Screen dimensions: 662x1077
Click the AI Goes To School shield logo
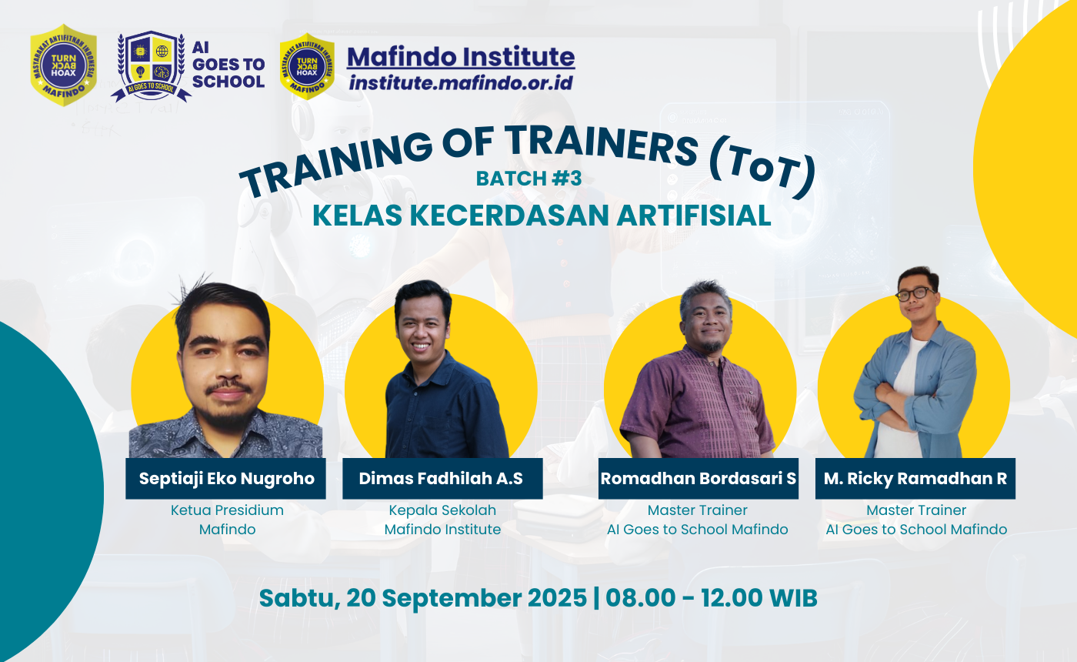[152, 66]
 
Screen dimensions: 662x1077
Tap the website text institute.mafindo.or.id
[461, 82]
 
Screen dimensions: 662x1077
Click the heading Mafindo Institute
[460, 56]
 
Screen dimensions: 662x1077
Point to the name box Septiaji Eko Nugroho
[226, 478]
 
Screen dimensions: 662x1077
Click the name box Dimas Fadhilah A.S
[441, 478]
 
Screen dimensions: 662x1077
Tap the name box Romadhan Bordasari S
[698, 478]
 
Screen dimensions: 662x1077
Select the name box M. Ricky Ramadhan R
[915, 478]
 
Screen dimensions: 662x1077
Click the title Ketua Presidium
[227, 510]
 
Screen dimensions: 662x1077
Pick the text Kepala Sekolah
[442, 510]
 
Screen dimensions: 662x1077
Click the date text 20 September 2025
[466, 598]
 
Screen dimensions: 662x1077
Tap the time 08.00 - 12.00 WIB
[712, 598]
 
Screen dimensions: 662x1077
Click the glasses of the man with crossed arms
[915, 294]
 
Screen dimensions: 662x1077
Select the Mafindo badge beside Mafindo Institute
[308, 66]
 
